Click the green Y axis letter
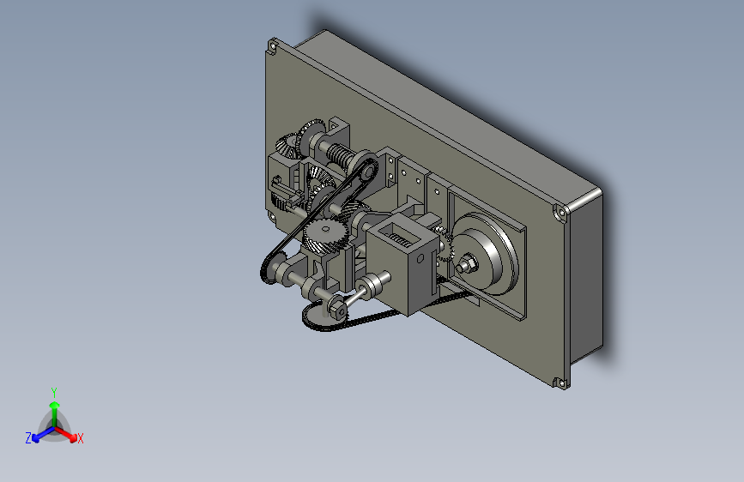(54, 392)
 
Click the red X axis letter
(80, 438)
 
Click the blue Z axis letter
(28, 438)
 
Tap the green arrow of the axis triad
(55, 413)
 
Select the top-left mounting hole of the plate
(273, 46)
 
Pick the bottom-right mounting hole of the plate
(561, 383)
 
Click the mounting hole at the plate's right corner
(561, 212)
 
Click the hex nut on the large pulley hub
(468, 262)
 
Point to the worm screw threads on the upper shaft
(338, 155)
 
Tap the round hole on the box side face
(420, 258)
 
